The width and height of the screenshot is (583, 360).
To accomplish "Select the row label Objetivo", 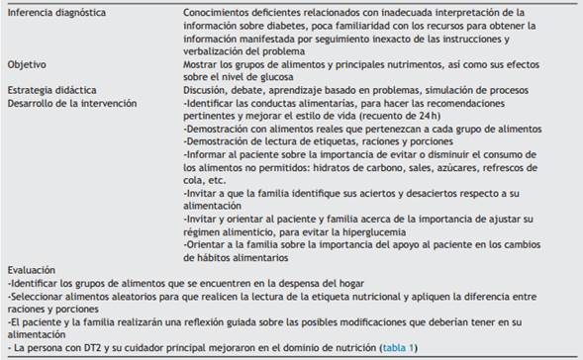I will tap(27, 62).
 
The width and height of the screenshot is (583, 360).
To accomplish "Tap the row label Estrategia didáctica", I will tap(46, 88).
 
